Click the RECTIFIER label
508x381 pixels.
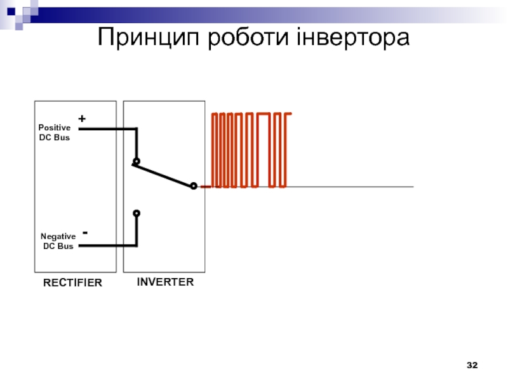(x=72, y=283)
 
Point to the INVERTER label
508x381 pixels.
(x=165, y=281)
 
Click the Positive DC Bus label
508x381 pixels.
(x=55, y=133)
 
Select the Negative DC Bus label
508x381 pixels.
(x=58, y=241)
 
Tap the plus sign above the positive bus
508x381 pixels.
(x=81, y=119)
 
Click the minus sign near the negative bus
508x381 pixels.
(x=84, y=233)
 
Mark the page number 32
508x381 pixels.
(x=472, y=365)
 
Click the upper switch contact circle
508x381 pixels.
(x=136, y=161)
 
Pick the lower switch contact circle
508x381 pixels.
(x=136, y=213)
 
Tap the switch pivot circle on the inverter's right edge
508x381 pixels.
(x=194, y=186)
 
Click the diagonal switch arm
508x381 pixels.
(x=164, y=175)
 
